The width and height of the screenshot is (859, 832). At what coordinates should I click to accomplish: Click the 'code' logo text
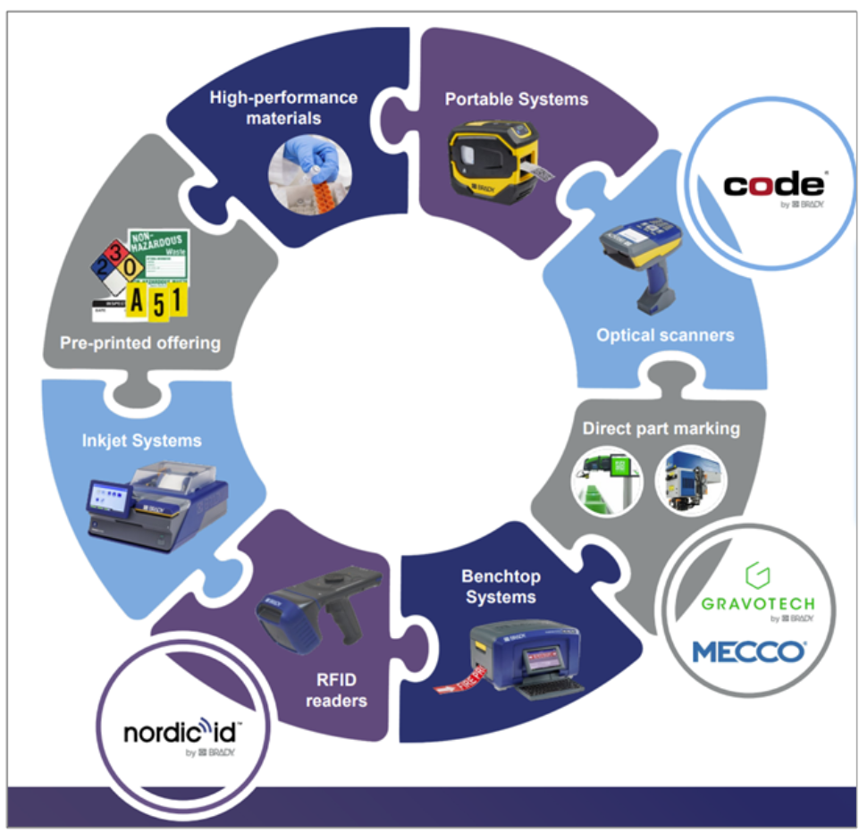click(x=772, y=185)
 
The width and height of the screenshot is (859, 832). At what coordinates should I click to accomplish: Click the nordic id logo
click(x=181, y=734)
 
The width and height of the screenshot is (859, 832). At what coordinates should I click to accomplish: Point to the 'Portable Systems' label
click(x=517, y=99)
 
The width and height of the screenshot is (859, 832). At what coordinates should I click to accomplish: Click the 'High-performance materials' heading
click(x=283, y=107)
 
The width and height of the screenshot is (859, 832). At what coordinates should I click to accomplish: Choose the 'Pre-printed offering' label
click(x=139, y=342)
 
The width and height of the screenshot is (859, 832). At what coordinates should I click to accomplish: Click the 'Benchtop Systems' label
click(x=501, y=585)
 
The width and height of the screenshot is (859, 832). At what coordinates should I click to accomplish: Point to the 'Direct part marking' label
click(x=661, y=428)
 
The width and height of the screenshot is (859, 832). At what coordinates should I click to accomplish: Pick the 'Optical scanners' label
click(x=665, y=335)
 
